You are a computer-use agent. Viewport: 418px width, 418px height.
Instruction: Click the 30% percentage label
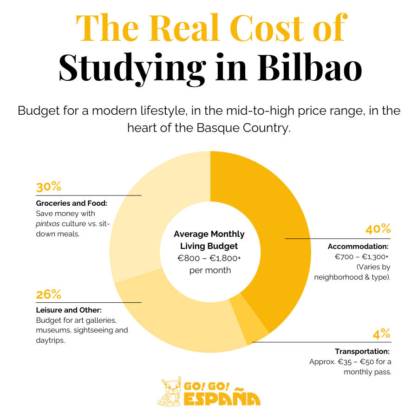(49, 187)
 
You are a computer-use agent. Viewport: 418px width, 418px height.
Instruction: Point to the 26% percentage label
(49, 294)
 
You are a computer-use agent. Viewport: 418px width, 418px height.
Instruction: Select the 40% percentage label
(378, 229)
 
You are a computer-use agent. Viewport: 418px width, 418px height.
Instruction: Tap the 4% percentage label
(382, 334)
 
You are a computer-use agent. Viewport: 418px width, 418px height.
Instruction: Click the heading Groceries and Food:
(72, 203)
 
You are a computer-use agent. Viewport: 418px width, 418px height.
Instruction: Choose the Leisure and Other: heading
(69, 310)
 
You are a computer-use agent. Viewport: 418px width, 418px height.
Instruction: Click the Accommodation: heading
(358, 246)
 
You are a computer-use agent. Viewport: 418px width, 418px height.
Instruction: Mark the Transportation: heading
(362, 351)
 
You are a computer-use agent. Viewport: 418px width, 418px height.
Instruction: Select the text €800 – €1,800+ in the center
(209, 258)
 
